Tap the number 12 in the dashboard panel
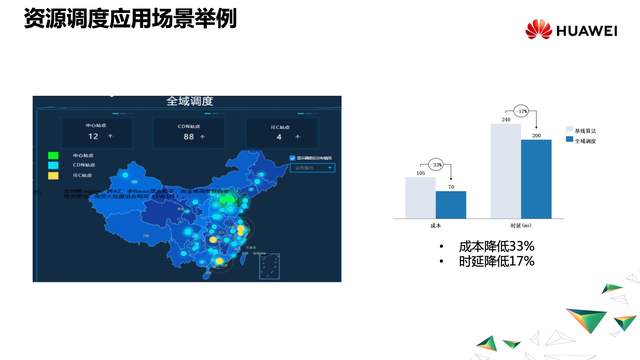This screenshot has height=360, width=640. pos(93,135)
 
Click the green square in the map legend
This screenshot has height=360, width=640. pos(51,155)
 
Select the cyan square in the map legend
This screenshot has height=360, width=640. pos(51,165)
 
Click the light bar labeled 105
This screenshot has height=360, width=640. pos(420,197)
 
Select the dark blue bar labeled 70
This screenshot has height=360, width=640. pos(451,204)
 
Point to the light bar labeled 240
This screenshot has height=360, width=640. pos(506,170)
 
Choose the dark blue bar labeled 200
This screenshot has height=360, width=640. pos(537,178)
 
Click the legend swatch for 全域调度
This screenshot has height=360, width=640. pos(570,141)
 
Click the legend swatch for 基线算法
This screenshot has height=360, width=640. pos(570,130)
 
